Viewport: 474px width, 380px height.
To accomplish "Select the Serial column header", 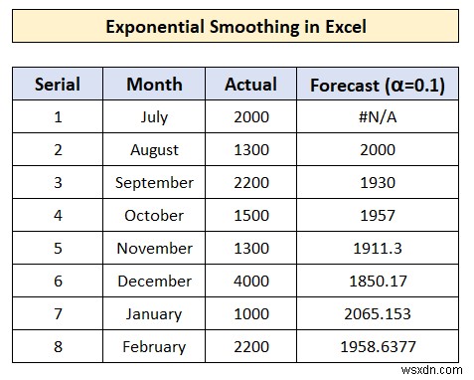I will tap(57, 84).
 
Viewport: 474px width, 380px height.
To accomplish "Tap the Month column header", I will tap(154, 84).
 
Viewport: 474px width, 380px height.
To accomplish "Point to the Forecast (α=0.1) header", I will tap(377, 85).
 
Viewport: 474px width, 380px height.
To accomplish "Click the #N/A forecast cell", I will tap(378, 117).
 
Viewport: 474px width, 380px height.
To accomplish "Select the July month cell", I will tap(154, 117).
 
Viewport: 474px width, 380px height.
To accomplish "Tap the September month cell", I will tap(154, 183).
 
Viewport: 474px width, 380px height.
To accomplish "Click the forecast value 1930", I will tap(378, 183).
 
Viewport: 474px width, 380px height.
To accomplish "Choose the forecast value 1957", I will tap(378, 216).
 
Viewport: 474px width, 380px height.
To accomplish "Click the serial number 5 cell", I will tap(57, 249).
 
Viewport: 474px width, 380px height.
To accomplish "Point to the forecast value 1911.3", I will tap(378, 249).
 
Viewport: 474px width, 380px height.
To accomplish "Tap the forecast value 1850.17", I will tap(378, 282).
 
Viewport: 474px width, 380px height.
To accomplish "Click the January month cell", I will tap(154, 314).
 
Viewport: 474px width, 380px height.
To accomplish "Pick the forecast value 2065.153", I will tap(378, 314).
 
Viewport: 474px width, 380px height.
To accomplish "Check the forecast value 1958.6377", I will tap(378, 347).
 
